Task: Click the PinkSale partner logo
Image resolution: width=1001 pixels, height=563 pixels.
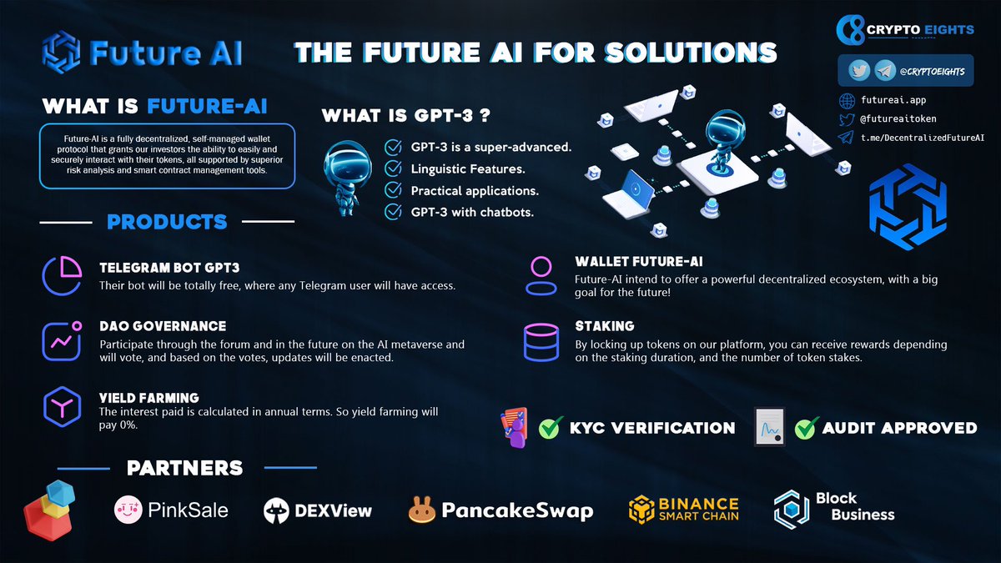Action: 171,509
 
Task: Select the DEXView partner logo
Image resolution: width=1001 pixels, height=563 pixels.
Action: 318,510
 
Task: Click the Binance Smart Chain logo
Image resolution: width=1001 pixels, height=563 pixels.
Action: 684,509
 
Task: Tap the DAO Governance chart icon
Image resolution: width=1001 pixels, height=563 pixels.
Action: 61,339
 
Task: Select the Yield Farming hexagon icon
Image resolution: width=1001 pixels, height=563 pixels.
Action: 61,406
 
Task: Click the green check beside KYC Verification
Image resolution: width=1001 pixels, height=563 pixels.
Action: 550,429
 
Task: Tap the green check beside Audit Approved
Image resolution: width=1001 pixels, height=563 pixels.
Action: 805,429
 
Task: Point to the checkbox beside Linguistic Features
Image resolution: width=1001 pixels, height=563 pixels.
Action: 392,169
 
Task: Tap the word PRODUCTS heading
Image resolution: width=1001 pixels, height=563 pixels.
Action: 167,222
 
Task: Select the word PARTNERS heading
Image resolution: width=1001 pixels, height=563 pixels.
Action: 185,468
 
